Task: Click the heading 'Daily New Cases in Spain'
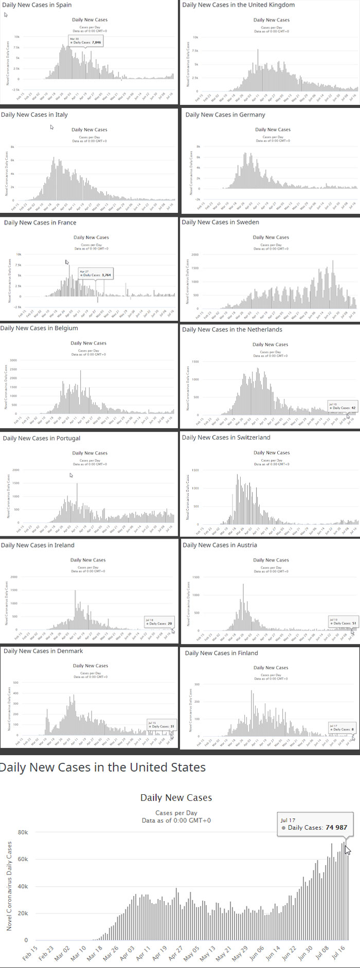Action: point(37,5)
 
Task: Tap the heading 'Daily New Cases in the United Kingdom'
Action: point(239,5)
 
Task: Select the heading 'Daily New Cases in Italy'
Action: point(34,115)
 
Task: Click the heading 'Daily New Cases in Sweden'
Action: point(220,222)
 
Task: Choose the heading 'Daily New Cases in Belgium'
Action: point(39,328)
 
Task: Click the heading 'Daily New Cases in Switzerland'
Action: point(226,437)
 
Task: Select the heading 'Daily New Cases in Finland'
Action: point(221,653)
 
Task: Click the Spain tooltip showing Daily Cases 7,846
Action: point(85,41)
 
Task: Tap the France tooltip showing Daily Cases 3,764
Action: point(95,273)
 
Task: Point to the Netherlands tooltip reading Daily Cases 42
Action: point(341,406)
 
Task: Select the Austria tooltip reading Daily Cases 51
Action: point(342,622)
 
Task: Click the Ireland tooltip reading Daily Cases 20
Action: point(159,622)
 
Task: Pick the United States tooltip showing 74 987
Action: point(315,825)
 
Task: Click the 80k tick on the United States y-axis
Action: point(23,832)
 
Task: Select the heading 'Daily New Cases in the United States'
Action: point(102,768)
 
